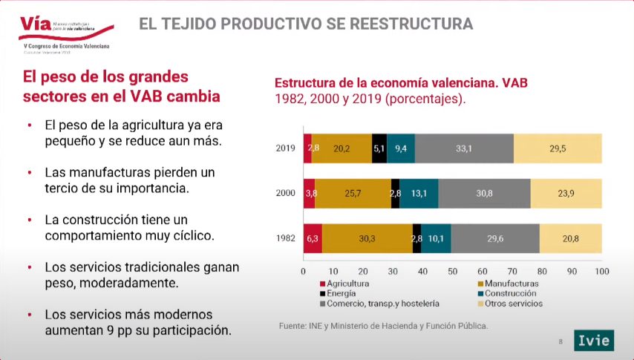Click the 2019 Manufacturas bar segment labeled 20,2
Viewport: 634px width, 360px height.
click(342, 148)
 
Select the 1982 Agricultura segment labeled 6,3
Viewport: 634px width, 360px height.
click(313, 238)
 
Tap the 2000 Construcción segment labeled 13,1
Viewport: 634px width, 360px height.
click(419, 193)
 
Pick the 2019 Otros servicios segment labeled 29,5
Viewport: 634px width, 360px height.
click(557, 148)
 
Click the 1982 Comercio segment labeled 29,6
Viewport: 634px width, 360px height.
click(495, 238)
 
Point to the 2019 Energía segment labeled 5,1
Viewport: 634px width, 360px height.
click(379, 148)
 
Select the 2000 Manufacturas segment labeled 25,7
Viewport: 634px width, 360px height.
click(353, 193)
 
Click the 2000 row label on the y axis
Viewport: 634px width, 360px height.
click(286, 193)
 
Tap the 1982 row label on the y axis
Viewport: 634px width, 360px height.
click(286, 238)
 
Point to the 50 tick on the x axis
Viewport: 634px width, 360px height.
click(452, 271)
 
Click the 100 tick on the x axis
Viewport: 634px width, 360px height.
click(601, 271)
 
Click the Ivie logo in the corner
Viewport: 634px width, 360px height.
click(594, 339)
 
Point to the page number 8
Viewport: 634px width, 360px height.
click(561, 341)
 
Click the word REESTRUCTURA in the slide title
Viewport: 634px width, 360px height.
click(407, 24)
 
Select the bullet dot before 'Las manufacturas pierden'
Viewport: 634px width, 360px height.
click(29, 173)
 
